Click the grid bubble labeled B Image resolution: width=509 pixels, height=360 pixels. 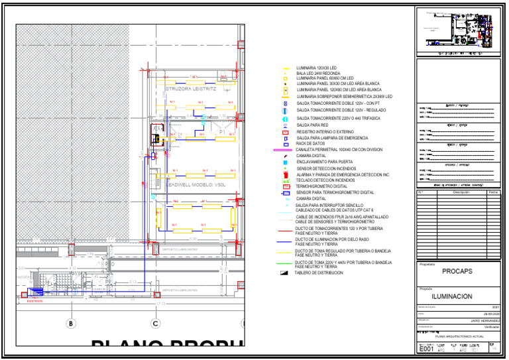(71, 324)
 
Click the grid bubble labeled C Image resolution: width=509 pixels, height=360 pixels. (156, 324)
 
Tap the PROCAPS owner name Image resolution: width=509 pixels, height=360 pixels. (457, 271)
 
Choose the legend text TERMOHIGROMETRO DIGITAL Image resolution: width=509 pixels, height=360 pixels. (321, 186)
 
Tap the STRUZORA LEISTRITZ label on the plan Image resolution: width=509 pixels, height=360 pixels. (191, 88)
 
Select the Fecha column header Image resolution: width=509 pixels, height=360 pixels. (493, 192)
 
